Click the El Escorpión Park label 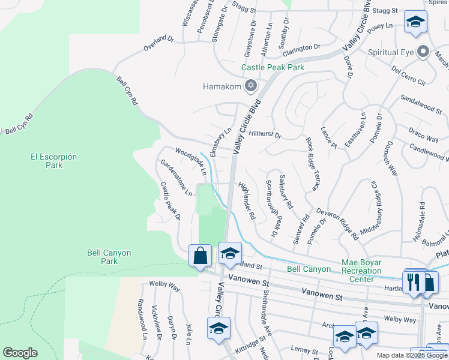coord(54,160)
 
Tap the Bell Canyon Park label coord(109,257)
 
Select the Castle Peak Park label coord(273,68)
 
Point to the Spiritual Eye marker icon coord(424,52)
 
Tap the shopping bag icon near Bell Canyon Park coord(200,256)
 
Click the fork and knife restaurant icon coord(414,283)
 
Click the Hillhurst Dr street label coord(265,135)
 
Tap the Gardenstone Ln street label coord(176,178)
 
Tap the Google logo coord(20,353)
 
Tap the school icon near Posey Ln coord(415,23)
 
